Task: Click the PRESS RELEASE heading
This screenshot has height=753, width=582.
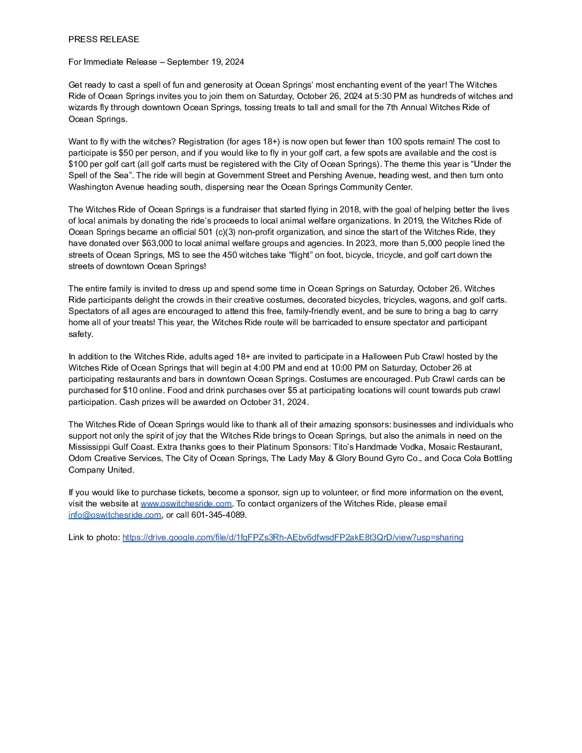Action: point(104,39)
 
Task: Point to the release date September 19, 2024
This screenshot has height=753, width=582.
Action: point(205,62)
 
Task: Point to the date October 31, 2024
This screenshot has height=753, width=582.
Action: point(274,402)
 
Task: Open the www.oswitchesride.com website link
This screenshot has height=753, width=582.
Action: point(186,504)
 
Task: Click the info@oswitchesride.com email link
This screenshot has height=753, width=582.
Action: point(114,515)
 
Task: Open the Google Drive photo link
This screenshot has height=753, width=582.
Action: point(293,537)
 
